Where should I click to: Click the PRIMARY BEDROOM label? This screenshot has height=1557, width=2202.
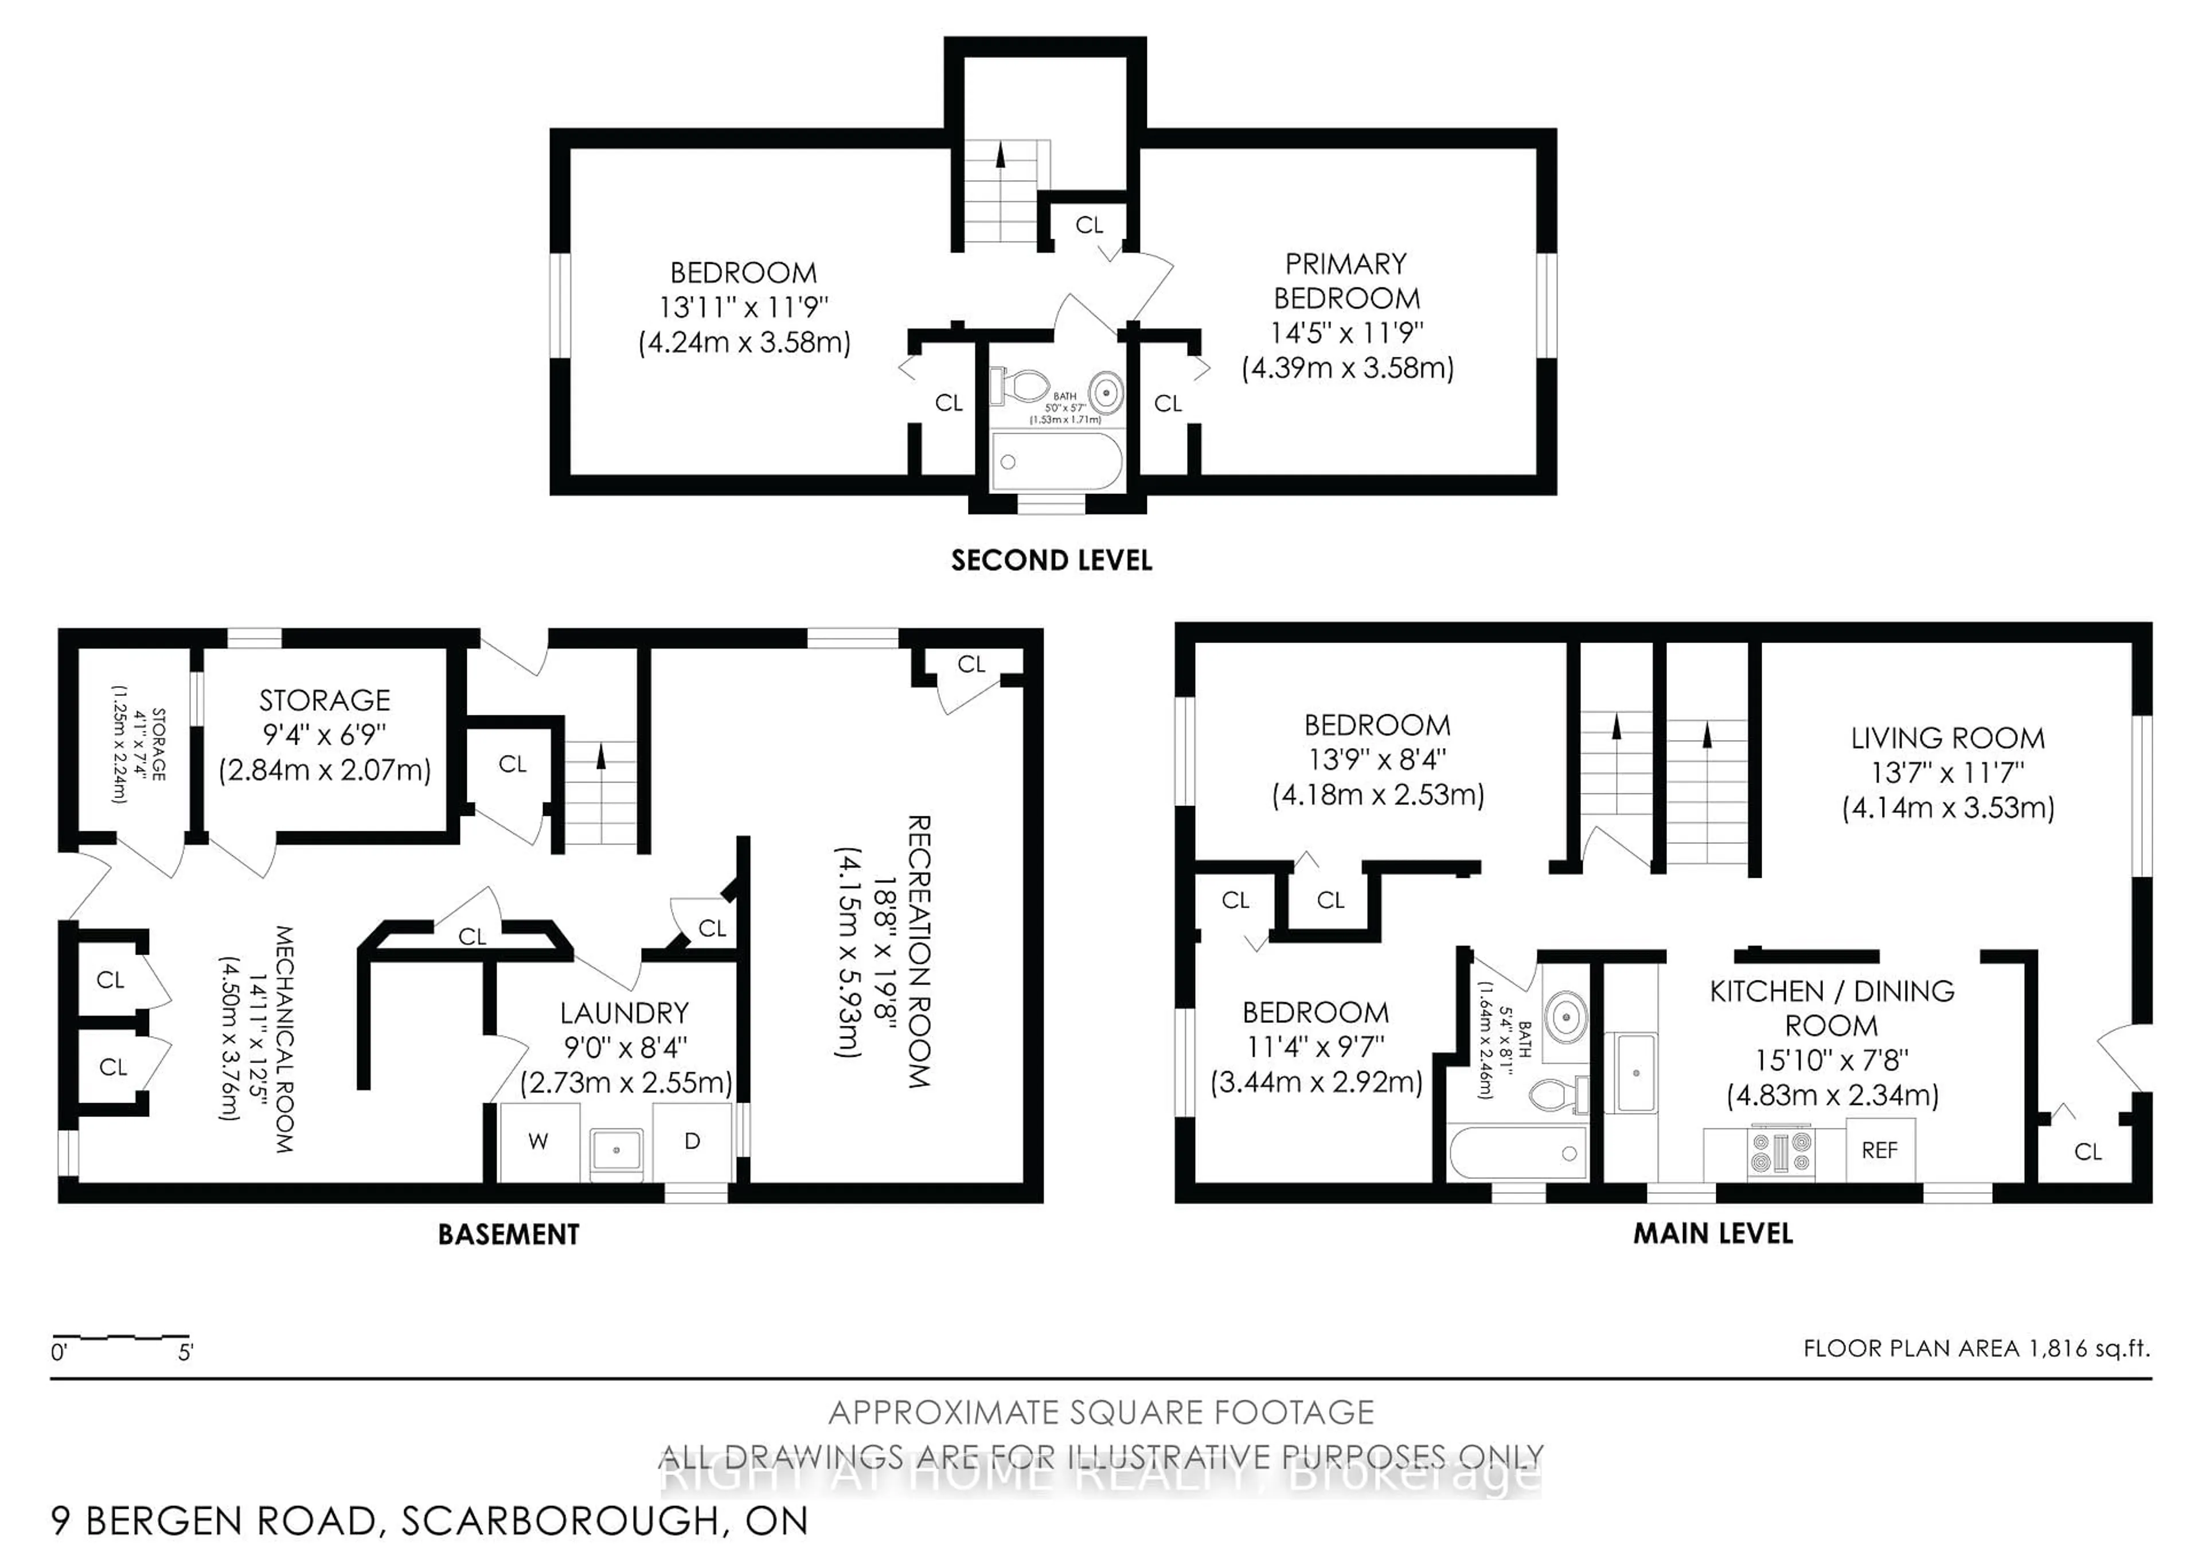pyautogui.click(x=1346, y=281)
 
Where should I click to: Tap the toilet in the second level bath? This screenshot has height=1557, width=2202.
pyautogui.click(x=1020, y=387)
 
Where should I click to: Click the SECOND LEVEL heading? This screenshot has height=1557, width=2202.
pyautogui.click(x=1051, y=561)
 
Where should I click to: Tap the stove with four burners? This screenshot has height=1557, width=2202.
pyautogui.click(x=1782, y=1152)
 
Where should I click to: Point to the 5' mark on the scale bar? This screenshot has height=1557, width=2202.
pyautogui.click(x=186, y=1353)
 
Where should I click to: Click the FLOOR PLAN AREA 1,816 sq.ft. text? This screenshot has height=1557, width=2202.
pyautogui.click(x=1977, y=1349)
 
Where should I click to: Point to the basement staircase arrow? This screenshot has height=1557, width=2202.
pyautogui.click(x=602, y=758)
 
